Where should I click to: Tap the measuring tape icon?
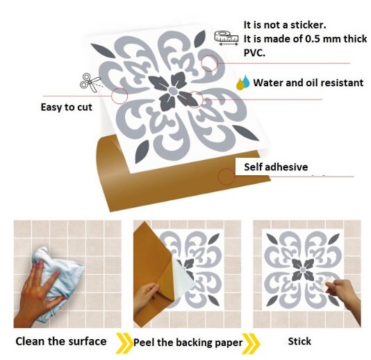click(222, 36)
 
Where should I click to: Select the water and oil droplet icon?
click(242, 83)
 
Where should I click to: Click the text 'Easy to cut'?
click(66, 107)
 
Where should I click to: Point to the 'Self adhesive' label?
click(275, 167)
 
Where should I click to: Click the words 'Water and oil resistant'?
click(308, 83)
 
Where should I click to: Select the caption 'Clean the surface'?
click(60, 341)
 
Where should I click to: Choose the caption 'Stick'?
click(301, 341)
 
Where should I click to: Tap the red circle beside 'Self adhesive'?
click(226, 176)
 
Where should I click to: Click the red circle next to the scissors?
click(119, 95)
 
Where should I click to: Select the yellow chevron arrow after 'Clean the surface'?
click(124, 341)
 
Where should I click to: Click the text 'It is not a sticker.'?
click(284, 25)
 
